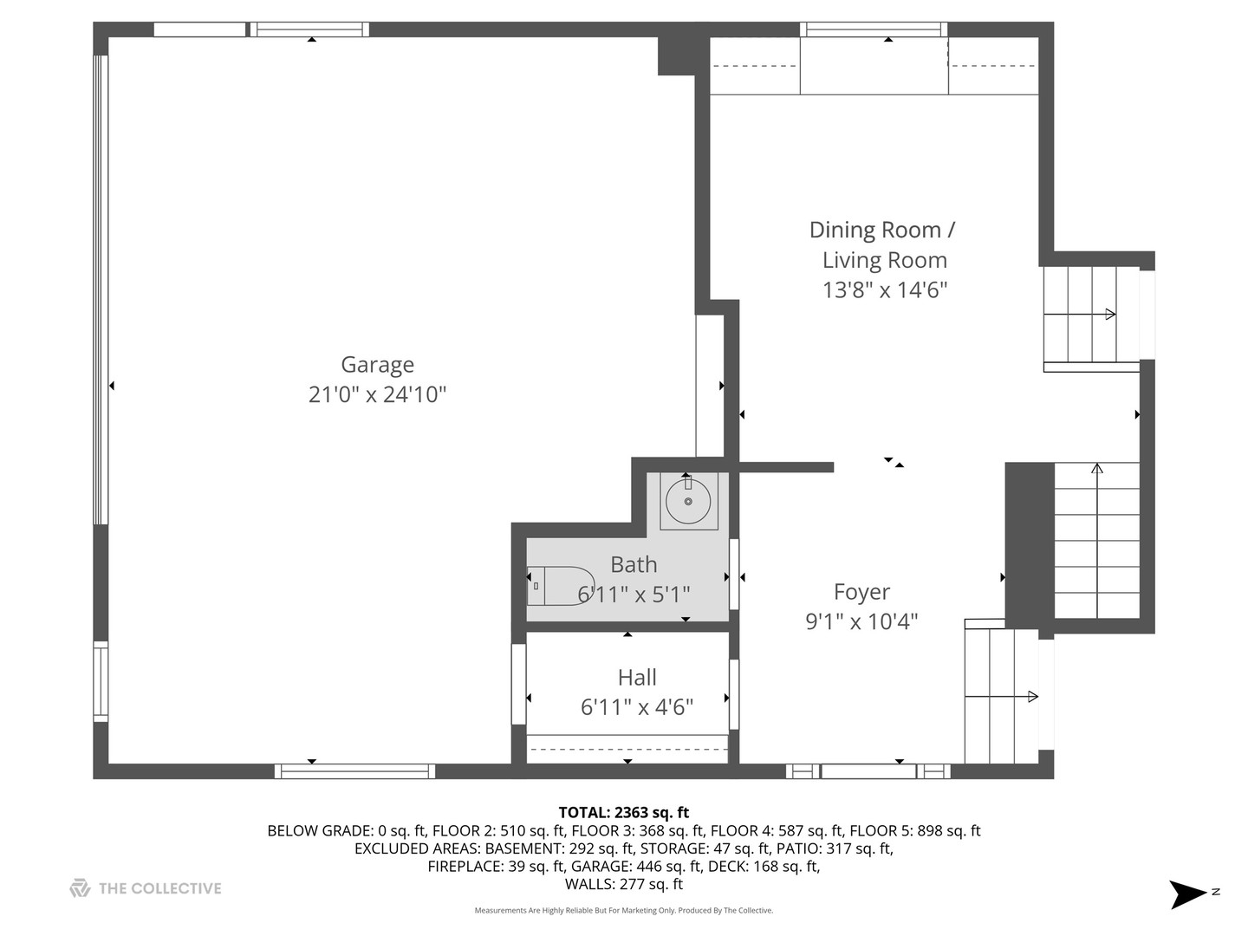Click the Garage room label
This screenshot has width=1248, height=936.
click(x=377, y=365)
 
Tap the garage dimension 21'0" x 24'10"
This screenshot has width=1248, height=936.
click(x=377, y=394)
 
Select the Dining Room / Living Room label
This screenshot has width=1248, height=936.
click(x=882, y=244)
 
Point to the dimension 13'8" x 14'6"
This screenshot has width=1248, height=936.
click(x=884, y=289)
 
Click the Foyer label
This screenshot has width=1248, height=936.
click(x=861, y=592)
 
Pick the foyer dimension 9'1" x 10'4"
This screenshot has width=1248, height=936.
click(x=861, y=621)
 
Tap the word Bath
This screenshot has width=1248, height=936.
click(x=634, y=564)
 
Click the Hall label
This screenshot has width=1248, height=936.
click(x=637, y=677)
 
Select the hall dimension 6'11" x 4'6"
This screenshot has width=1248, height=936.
click(x=637, y=707)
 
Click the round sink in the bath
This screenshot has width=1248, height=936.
click(x=688, y=501)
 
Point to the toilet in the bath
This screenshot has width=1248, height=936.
click(x=560, y=586)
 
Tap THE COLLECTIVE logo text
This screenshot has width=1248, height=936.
click(x=159, y=888)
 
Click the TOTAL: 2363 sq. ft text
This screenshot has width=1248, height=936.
click(x=623, y=812)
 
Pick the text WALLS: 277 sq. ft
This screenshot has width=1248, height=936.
click(x=623, y=884)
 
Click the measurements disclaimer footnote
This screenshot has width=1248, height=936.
click(x=623, y=910)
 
